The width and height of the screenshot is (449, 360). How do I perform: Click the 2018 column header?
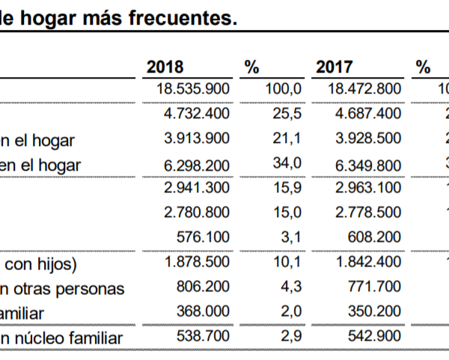click(x=165, y=67)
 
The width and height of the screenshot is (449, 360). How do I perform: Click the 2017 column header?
click(x=335, y=67)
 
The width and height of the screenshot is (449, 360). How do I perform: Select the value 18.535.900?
click(x=193, y=89)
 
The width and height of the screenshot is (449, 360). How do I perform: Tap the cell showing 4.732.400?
click(x=197, y=114)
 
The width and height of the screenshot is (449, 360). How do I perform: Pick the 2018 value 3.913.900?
click(x=197, y=138)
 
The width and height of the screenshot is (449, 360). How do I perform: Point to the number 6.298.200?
click(x=197, y=163)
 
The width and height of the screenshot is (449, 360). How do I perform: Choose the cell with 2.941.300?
click(x=197, y=188)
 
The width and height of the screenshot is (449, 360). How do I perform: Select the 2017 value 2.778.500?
click(x=367, y=213)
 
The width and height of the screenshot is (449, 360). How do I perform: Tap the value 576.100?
click(x=204, y=237)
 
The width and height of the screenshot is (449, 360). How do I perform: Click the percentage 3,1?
click(x=293, y=237)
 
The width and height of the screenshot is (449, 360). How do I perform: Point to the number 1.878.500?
click(x=197, y=263)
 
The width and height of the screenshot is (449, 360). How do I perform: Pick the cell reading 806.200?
click(x=204, y=287)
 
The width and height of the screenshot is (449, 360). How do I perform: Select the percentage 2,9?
click(x=293, y=338)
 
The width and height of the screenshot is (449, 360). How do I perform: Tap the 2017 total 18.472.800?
click(x=364, y=89)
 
